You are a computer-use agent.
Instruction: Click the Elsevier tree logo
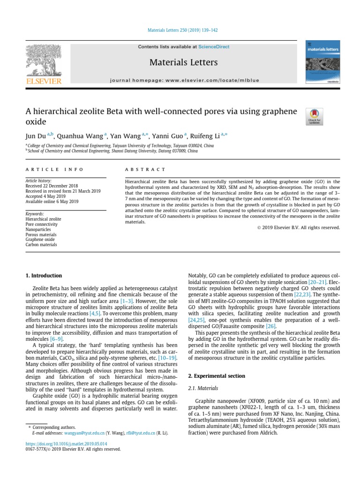click(x=44, y=61)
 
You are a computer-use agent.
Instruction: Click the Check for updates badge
click(x=314, y=116)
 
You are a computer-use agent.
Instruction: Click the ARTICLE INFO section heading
click(x=54, y=169)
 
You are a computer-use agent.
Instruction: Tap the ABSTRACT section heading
click(x=145, y=169)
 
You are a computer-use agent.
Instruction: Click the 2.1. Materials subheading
click(x=202, y=388)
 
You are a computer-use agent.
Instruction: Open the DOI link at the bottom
click(x=66, y=443)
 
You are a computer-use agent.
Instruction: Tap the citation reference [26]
click(x=271, y=325)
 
